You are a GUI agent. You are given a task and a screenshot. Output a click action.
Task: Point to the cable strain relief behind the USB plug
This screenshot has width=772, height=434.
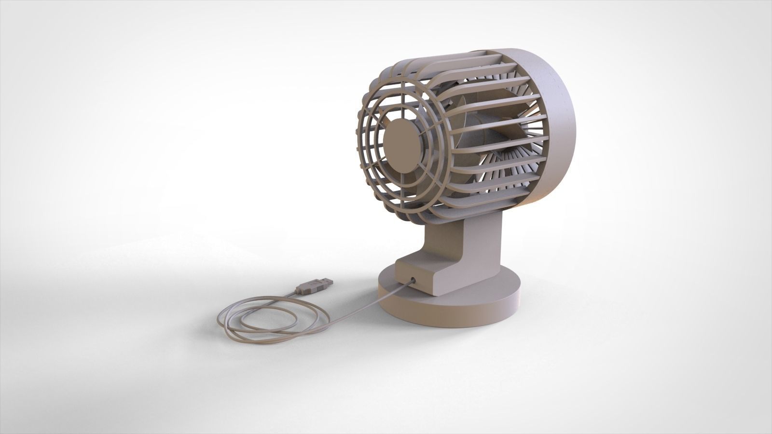(295, 293)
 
